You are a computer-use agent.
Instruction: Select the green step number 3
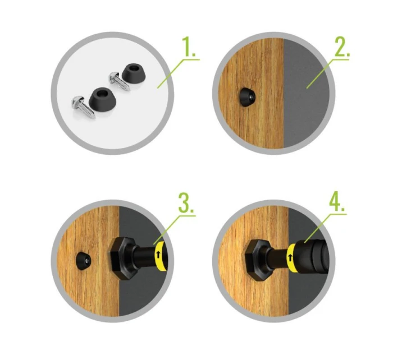(x=186, y=202)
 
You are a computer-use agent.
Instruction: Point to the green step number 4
(x=337, y=202)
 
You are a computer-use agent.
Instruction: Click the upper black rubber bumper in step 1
(x=134, y=73)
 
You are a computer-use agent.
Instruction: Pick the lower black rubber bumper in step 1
(x=102, y=99)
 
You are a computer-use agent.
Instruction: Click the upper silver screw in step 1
(x=119, y=80)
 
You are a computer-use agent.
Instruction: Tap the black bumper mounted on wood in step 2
(x=247, y=97)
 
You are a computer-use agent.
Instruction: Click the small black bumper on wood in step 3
(x=84, y=261)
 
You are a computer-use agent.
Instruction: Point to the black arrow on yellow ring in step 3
(x=158, y=255)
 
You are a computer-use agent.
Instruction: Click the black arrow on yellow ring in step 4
(x=290, y=257)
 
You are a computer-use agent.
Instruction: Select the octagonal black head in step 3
(x=121, y=259)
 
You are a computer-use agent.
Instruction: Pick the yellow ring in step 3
(x=160, y=256)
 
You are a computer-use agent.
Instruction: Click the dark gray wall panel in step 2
(x=306, y=93)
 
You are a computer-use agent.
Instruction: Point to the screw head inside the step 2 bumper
(x=251, y=96)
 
